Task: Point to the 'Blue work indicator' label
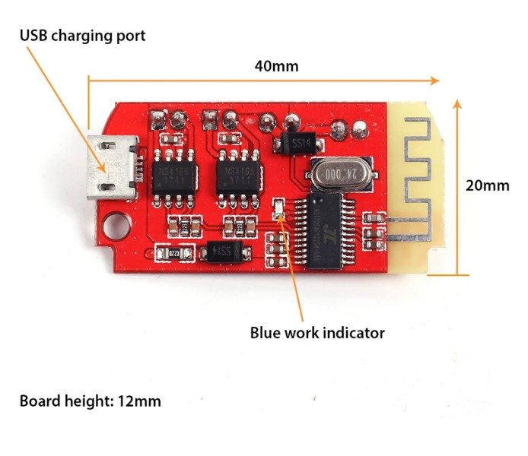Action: (x=317, y=333)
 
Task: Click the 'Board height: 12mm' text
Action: (x=90, y=401)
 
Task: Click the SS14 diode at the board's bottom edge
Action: (x=224, y=250)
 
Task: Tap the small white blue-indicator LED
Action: (x=278, y=205)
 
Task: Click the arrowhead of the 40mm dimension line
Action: (x=435, y=80)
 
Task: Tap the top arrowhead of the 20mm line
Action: (x=457, y=103)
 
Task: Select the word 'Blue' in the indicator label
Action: (x=266, y=333)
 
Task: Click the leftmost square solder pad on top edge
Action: (x=158, y=118)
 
